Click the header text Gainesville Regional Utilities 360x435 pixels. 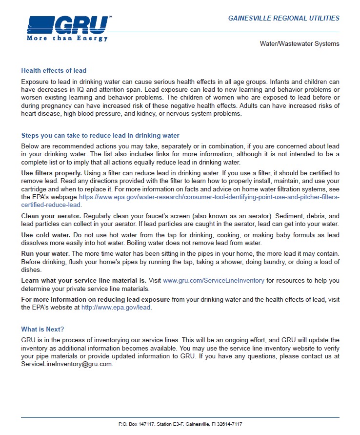[x=283, y=18]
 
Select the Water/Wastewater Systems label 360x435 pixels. [x=299, y=44]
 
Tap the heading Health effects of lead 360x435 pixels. [x=54, y=70]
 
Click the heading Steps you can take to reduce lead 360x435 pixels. [x=100, y=135]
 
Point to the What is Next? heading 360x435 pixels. [x=42, y=329]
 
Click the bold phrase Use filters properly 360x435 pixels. [x=51, y=173]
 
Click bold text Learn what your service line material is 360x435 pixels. [x=83, y=280]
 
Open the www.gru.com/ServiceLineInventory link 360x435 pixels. [x=213, y=280]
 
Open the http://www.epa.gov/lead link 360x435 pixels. [x=116, y=308]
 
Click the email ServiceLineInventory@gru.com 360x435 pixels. [x=66, y=364]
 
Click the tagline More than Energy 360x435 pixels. [x=67, y=38]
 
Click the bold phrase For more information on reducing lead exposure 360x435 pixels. [x=95, y=299]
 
